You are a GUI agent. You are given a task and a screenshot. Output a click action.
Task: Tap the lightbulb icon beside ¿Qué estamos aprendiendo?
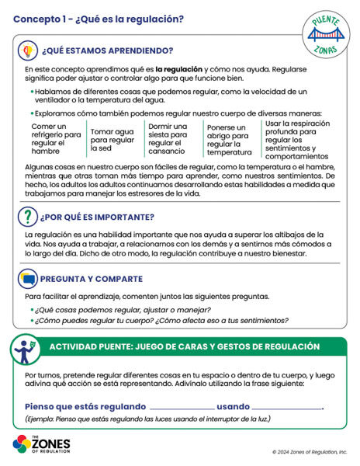click(x=26, y=51)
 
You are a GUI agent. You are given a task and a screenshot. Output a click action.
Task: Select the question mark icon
click(x=27, y=217)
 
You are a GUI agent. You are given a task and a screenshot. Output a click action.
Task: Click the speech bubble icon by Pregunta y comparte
click(x=27, y=279)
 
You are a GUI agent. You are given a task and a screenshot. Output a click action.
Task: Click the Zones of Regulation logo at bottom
click(x=41, y=444)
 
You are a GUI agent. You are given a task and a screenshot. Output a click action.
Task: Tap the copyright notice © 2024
click(x=310, y=451)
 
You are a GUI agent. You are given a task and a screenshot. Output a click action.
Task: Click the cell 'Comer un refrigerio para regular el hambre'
click(x=56, y=137)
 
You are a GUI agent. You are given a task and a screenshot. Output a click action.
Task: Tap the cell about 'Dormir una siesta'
click(x=168, y=137)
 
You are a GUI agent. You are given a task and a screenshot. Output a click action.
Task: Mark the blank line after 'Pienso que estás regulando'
click(x=182, y=408)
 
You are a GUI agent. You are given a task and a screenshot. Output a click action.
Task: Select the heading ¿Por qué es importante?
click(x=94, y=218)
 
